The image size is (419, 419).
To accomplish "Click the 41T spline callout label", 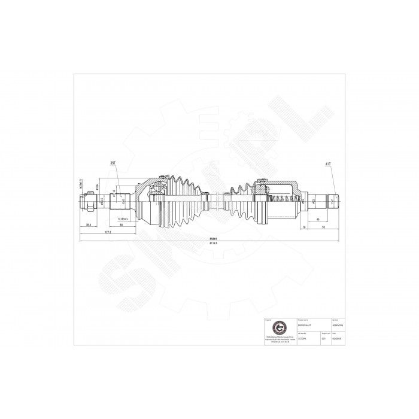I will coord(328,163).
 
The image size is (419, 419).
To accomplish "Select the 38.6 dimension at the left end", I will coord(89,224).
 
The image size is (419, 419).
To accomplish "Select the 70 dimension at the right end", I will coord(324,228).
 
